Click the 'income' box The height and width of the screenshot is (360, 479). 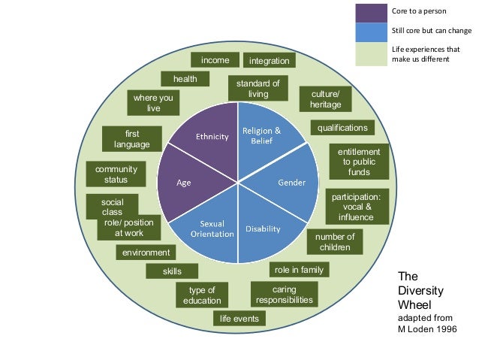(215, 60)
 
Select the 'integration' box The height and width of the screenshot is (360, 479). (270, 60)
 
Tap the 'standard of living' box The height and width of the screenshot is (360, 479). (258, 88)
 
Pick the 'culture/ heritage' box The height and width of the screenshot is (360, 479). (325, 98)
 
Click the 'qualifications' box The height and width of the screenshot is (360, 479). (342, 128)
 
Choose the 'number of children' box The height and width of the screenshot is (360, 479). (334, 242)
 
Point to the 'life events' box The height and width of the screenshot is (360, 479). (239, 319)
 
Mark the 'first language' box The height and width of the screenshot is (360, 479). (132, 138)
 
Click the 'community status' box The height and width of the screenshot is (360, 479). (116, 174)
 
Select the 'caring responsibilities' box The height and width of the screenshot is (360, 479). (284, 295)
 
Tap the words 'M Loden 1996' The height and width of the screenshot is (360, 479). (426, 329)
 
